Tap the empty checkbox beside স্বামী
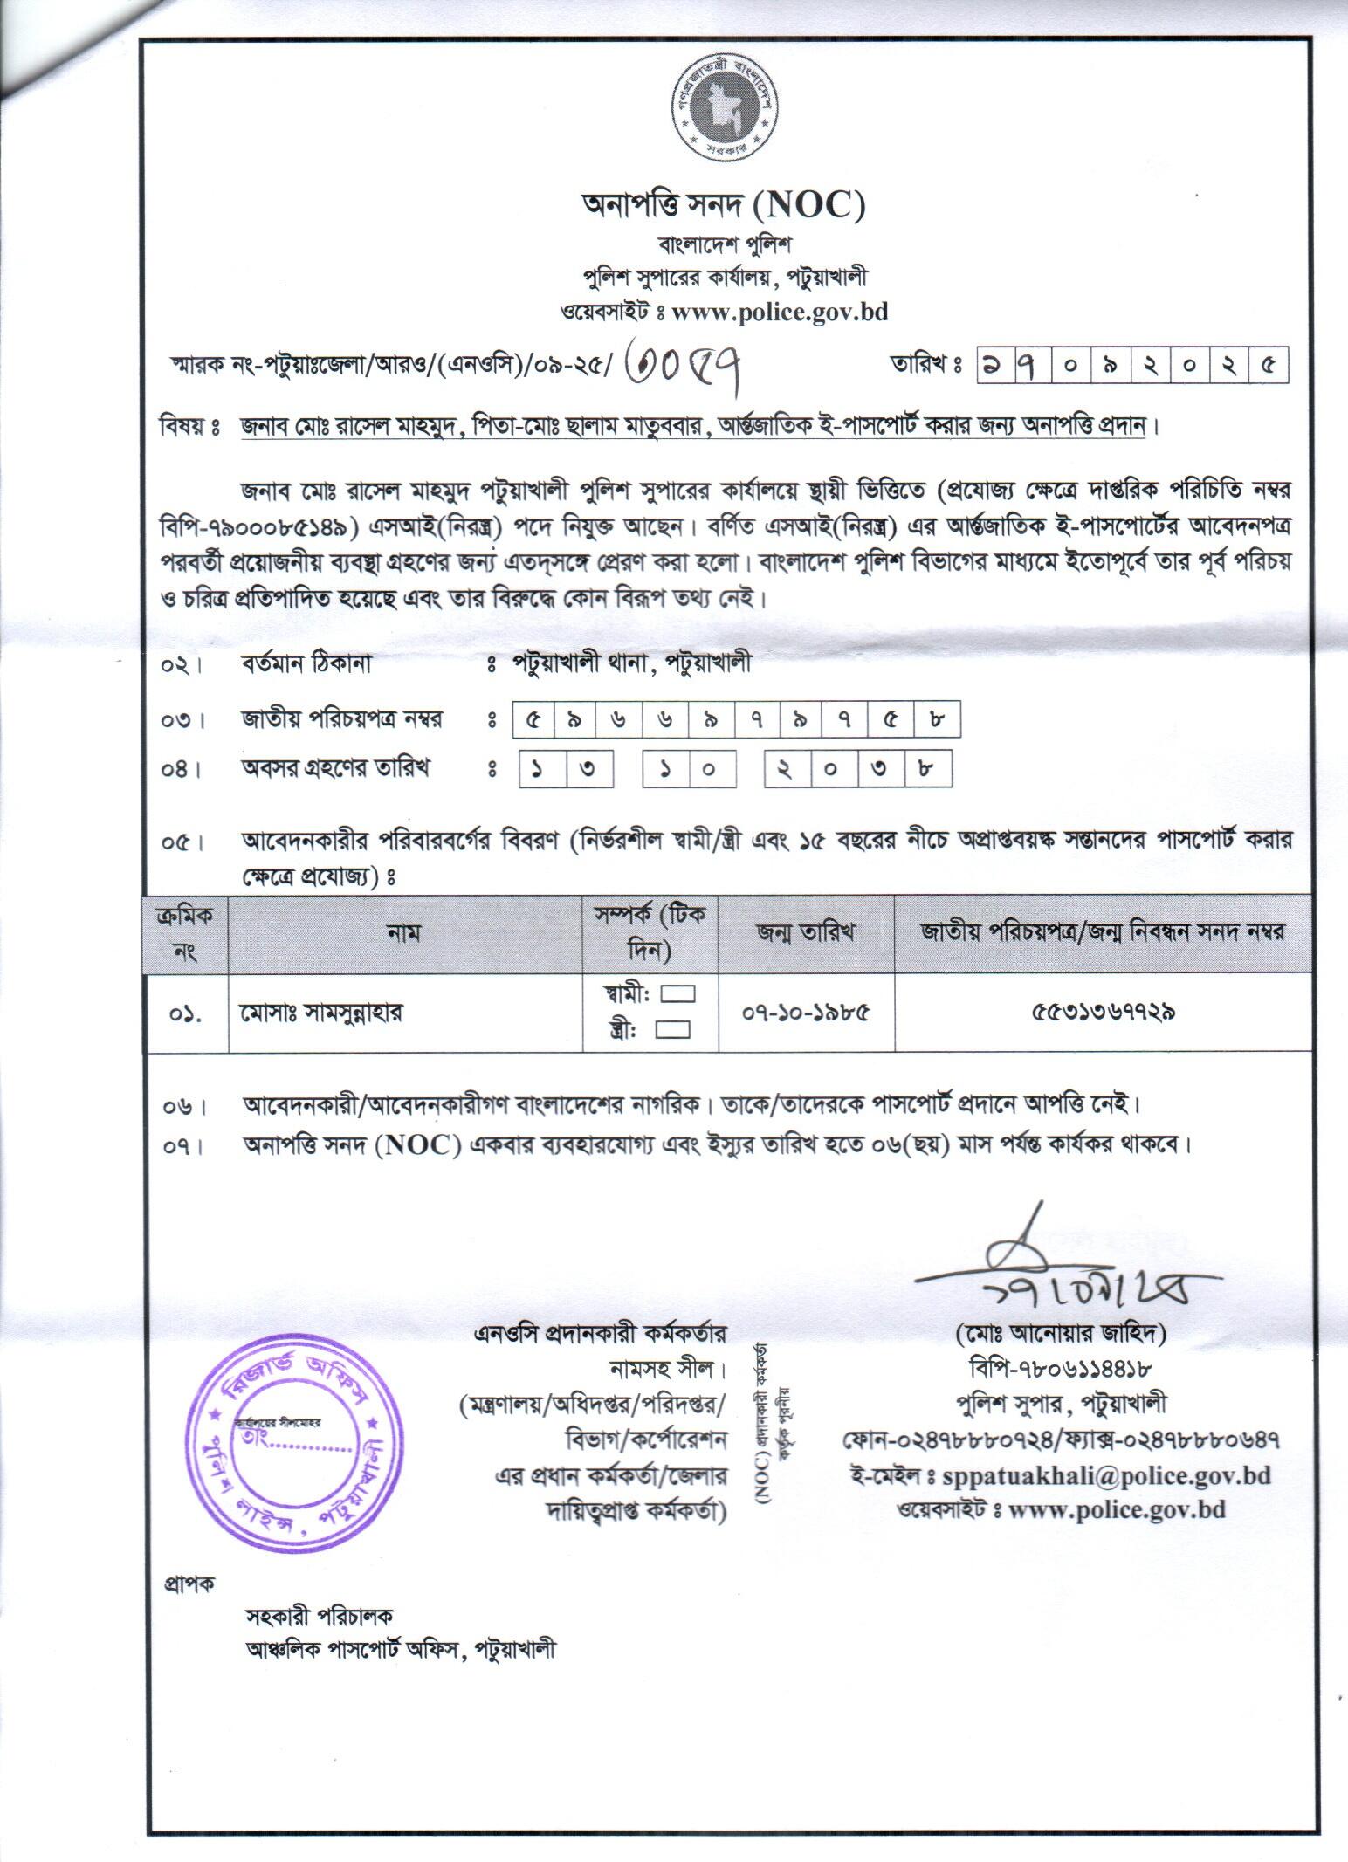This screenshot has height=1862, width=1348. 677,994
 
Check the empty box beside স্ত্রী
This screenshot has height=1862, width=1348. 672,1030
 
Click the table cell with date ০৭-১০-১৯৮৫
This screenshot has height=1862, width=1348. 806,1013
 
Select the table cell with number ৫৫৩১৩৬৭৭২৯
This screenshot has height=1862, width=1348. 1103,1013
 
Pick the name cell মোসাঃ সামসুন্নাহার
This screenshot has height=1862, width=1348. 322,1013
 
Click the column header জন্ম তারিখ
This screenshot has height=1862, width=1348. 806,932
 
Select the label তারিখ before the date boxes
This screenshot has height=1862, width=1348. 918,365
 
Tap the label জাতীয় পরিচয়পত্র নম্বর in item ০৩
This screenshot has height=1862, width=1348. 342,719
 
